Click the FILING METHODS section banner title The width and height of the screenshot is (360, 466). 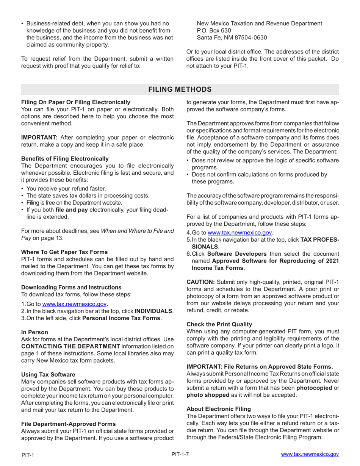point(180,89)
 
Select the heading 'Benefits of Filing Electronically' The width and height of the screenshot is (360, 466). point(65,159)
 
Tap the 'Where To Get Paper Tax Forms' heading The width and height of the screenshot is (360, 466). point(64,252)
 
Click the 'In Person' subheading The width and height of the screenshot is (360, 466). point(34,332)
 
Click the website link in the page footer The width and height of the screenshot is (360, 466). point(310,454)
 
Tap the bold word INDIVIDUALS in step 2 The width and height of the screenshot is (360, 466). point(153,311)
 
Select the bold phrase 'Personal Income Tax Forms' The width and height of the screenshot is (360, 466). point(121,318)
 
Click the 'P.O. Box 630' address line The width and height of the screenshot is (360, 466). point(214,31)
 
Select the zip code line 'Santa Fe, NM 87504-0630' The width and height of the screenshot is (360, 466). point(232,38)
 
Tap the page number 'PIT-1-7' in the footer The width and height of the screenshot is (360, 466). point(180,454)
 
